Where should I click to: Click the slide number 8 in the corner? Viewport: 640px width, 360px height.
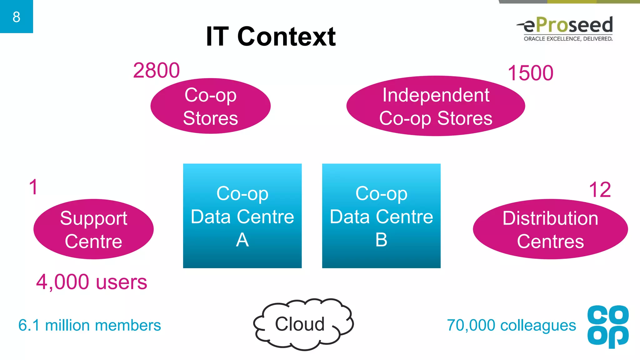pyautogui.click(x=16, y=17)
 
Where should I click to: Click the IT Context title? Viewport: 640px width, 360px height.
pyautogui.click(x=271, y=37)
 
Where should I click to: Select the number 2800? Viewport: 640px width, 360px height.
pyautogui.click(x=156, y=70)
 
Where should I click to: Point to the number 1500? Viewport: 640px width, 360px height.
pyautogui.click(x=530, y=73)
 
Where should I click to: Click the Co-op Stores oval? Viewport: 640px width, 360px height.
pyautogui.click(x=210, y=106)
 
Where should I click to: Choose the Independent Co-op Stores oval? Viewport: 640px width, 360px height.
pyautogui.click(x=436, y=106)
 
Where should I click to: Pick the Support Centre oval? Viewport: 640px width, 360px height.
pyautogui.click(x=93, y=229)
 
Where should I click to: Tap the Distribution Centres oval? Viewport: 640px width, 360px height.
pyautogui.click(x=550, y=229)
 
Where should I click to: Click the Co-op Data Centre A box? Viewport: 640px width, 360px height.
pyautogui.click(x=242, y=216)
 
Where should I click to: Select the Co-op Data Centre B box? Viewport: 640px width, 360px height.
pyautogui.click(x=381, y=216)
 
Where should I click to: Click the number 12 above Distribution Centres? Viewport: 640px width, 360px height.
pyautogui.click(x=600, y=189)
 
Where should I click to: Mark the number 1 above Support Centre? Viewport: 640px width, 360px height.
pyautogui.click(x=33, y=187)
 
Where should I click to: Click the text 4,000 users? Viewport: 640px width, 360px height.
pyautogui.click(x=91, y=282)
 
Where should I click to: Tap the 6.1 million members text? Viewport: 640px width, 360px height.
pyautogui.click(x=90, y=325)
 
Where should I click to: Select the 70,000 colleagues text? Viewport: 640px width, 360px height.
pyautogui.click(x=511, y=325)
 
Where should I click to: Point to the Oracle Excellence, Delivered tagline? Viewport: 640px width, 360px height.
pyautogui.click(x=568, y=39)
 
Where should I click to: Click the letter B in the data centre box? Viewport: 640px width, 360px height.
pyautogui.click(x=381, y=240)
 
